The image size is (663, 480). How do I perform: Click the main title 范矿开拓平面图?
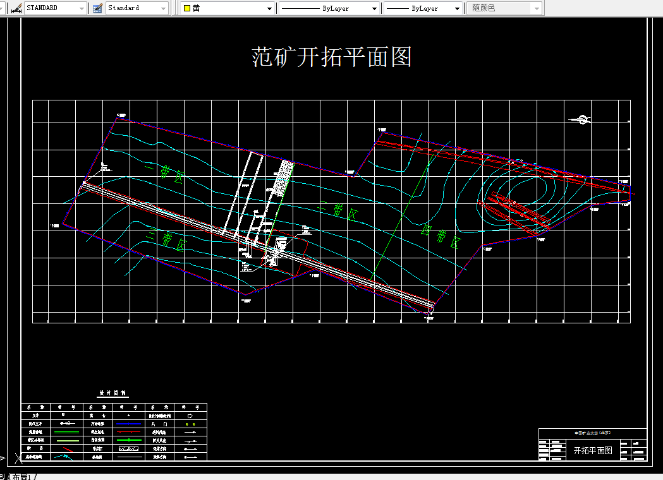[x=332, y=57]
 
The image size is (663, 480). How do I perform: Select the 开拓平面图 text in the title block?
[x=593, y=450]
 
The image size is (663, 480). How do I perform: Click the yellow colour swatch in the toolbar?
[x=187, y=8]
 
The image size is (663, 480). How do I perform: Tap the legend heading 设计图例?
[x=114, y=393]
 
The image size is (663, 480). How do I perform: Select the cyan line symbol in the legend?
[x=64, y=456]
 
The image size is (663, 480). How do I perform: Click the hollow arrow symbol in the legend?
[x=191, y=416]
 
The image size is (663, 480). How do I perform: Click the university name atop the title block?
[x=593, y=433]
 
